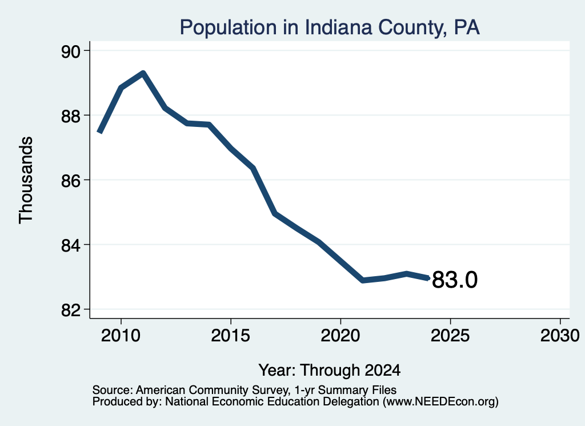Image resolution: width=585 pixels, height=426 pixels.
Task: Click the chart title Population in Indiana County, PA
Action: [330, 27]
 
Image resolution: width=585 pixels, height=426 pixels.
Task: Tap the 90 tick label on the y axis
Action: [71, 51]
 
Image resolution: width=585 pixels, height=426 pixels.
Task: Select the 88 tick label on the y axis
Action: [71, 116]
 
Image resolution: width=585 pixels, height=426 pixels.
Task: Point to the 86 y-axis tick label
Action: [71, 181]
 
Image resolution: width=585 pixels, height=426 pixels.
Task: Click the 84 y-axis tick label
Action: [71, 245]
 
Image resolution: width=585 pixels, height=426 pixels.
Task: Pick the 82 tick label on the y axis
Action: [71, 310]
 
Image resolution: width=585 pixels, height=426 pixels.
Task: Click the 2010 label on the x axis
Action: [121, 336]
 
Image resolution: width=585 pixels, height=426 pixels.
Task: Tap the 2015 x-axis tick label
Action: [231, 336]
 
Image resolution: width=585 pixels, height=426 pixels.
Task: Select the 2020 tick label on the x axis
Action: [340, 336]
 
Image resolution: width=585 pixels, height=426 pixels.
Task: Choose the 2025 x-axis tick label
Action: [450, 336]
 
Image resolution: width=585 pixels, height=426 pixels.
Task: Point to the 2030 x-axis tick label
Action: [560, 336]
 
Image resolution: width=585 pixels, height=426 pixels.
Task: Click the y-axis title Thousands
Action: [26, 180]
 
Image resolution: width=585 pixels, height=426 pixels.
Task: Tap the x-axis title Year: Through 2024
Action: [330, 370]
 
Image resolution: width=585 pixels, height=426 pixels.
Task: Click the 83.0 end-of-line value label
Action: [454, 280]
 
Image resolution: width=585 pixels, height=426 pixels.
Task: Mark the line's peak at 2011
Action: [143, 73]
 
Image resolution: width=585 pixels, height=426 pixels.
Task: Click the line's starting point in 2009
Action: [99, 132]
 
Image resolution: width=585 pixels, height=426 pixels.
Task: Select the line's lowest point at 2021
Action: [363, 280]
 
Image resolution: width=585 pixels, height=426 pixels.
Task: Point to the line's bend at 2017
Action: [275, 214]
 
